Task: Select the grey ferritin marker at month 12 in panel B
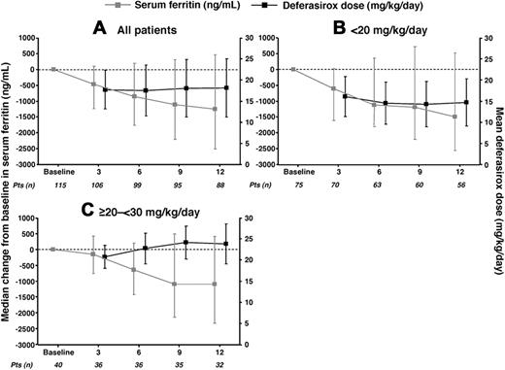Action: [x=454, y=117]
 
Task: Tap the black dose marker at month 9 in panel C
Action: [x=186, y=243]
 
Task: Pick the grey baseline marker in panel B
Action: [x=293, y=69]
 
